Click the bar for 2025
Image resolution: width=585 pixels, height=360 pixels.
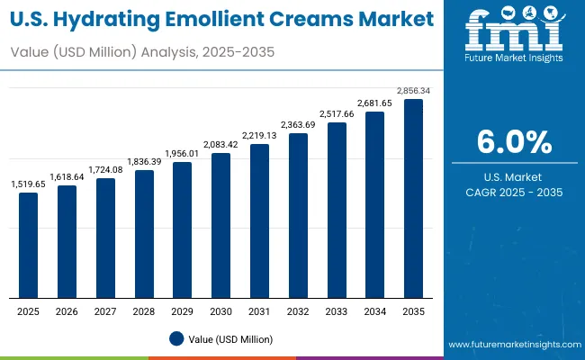coord(29,245)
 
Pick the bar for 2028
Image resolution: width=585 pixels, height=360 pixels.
coord(144,234)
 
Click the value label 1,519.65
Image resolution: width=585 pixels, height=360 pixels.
coord(29,184)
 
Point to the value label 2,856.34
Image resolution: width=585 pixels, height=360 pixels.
coord(413,91)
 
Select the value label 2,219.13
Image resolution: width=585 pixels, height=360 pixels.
coord(259,135)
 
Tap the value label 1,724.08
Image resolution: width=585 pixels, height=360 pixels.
coord(105,169)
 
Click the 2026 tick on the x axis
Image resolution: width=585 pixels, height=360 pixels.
coord(67,310)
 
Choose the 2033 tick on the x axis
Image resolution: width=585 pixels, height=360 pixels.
coord(336,310)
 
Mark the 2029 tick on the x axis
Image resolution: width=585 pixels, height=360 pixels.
coord(183,310)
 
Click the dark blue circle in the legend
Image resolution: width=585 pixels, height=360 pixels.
coord(176,338)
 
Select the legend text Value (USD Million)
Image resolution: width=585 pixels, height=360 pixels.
coord(230,338)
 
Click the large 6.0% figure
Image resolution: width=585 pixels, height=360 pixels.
coord(514,142)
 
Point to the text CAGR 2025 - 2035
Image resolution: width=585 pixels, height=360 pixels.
coord(514,193)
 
